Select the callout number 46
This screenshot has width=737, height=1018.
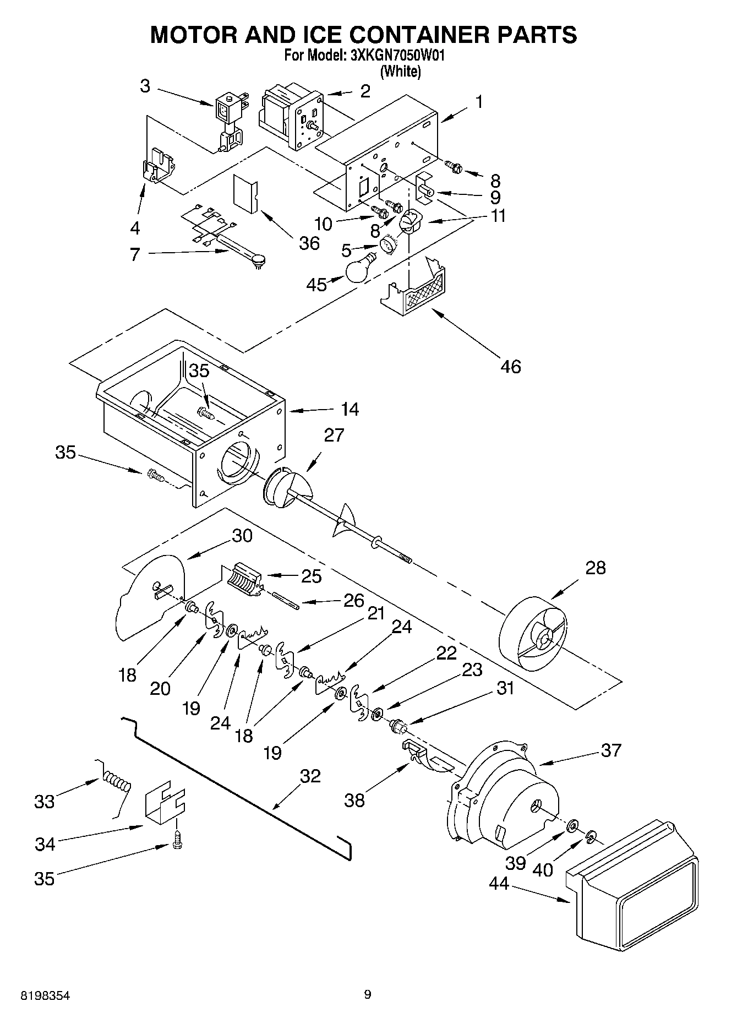click(511, 366)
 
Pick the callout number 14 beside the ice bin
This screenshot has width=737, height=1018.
click(350, 409)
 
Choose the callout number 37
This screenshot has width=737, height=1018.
click(611, 750)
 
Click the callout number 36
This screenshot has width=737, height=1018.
click(309, 243)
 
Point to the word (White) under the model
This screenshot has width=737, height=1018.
click(401, 72)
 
